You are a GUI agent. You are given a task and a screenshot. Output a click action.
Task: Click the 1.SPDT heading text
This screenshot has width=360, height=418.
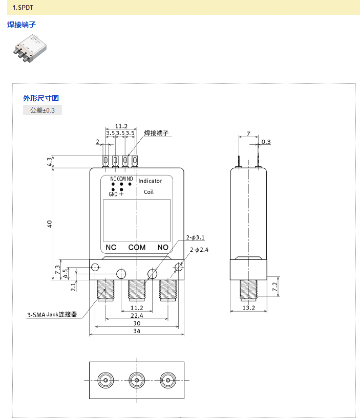point(23,8)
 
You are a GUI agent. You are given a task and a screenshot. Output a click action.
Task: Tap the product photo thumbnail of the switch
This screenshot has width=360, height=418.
point(30,48)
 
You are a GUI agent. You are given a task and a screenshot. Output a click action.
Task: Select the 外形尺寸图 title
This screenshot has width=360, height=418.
point(41,98)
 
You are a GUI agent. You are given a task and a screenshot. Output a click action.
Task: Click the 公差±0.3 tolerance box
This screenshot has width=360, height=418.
point(43,110)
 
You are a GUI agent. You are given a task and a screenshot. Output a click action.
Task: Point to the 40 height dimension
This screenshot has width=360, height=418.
point(49,224)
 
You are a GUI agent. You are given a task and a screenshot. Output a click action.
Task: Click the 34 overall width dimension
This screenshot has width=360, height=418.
point(137,331)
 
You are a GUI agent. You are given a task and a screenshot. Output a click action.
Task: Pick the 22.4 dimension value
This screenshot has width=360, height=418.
point(137,316)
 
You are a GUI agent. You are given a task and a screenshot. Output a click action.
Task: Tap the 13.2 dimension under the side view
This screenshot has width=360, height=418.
point(248,307)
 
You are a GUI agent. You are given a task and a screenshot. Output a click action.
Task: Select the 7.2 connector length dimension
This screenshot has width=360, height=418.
point(274,287)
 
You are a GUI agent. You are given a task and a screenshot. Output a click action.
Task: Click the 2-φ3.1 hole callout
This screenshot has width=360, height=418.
point(195,237)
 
